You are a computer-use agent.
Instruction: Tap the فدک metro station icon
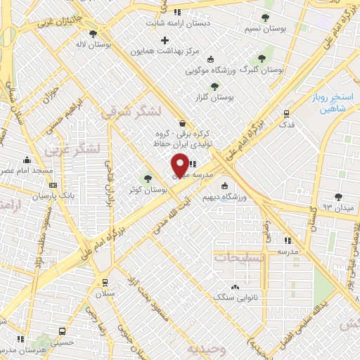[x=286, y=113]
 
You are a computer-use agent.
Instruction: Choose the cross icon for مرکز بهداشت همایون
[x=165, y=40]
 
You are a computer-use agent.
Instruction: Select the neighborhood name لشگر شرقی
[x=130, y=112]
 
